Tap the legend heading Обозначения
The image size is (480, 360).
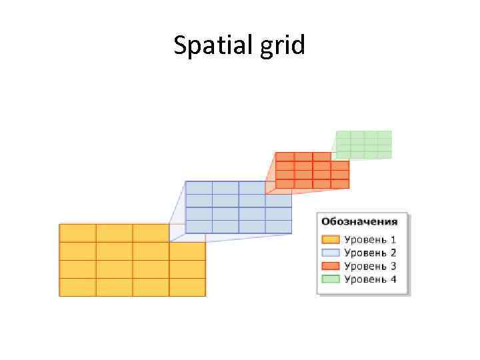359,221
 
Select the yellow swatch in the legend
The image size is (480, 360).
331,239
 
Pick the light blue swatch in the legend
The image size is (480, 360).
331,253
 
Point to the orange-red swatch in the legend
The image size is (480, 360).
331,266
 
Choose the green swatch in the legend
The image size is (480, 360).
331,279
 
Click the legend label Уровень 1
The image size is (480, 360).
370,239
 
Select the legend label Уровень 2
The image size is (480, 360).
370,253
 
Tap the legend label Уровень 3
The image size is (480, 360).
370,266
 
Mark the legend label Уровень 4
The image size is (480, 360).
370,279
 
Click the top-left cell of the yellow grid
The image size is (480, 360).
78,233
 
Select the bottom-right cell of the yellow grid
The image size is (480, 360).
187,287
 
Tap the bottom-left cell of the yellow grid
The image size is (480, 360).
78,287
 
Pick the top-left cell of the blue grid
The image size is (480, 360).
199,187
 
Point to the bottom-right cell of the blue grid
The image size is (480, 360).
278,227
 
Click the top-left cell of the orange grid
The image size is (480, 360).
285,157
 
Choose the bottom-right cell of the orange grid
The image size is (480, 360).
340,183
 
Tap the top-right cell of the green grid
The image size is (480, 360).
385,135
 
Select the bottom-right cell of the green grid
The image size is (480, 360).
385,155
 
